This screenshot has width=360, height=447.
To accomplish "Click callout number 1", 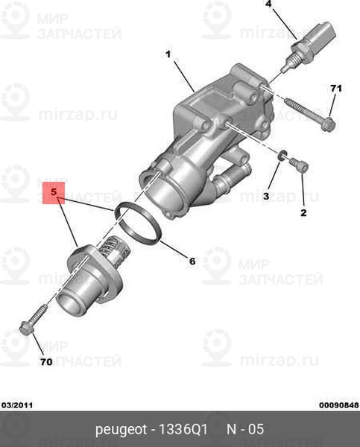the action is click(x=168, y=54).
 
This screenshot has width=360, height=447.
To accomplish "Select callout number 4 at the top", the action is click(x=268, y=4).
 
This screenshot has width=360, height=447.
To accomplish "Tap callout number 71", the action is click(x=336, y=89).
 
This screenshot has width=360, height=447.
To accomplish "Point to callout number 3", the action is click(x=266, y=196).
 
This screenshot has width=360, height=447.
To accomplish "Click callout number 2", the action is click(x=303, y=212).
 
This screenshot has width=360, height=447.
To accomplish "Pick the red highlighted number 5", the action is click(x=54, y=192).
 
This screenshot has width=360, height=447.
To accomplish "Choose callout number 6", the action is click(x=192, y=261).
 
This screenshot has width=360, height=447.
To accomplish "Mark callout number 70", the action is click(x=46, y=362).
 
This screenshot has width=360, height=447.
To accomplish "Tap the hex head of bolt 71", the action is click(x=328, y=125).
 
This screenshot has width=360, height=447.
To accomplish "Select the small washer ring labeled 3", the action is click(x=282, y=154).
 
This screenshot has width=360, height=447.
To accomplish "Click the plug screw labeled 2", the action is click(x=299, y=164).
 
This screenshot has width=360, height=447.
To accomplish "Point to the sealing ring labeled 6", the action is click(x=137, y=223).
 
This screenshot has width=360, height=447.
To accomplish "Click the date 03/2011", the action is click(x=17, y=405).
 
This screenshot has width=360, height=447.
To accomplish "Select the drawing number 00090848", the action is click(x=339, y=405).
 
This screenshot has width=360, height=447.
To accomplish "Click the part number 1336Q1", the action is click(x=183, y=429).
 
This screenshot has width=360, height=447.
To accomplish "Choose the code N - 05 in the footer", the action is click(x=245, y=429).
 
